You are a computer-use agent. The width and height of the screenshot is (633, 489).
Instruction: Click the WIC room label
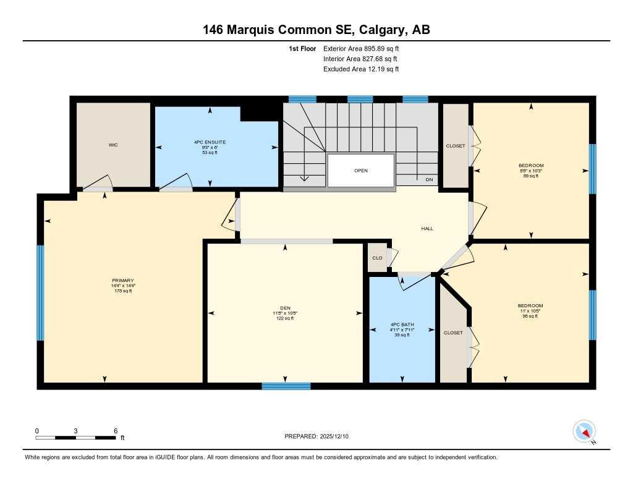(113, 145)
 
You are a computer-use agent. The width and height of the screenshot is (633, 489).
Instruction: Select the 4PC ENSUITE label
(210, 142)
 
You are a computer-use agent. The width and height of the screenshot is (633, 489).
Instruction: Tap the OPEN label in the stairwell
(361, 171)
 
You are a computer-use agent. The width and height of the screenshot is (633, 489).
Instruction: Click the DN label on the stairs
(429, 180)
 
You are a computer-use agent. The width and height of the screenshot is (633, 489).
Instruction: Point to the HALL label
(427, 228)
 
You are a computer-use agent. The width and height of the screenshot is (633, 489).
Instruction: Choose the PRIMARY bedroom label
(123, 280)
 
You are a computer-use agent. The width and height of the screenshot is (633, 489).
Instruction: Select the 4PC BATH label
(402, 325)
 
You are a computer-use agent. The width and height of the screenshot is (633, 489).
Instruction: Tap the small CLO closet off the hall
(376, 258)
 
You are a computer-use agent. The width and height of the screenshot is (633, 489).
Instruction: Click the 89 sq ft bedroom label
(531, 166)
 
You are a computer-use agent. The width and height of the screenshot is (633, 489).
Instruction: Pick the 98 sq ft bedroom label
(530, 306)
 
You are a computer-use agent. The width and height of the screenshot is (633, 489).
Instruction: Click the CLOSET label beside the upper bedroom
(456, 146)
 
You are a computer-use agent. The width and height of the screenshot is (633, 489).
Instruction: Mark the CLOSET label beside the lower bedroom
(453, 333)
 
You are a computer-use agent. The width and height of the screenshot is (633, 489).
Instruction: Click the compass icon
(584, 431)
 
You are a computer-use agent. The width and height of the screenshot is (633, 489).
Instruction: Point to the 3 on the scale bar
(75, 430)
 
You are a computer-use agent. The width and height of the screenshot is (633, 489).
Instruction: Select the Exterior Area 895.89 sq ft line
(365, 48)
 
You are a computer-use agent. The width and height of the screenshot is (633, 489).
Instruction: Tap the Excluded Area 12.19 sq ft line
(361, 69)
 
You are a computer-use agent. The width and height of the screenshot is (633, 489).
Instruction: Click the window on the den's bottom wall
(286, 386)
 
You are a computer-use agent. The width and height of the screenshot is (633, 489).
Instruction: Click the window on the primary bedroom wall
(41, 292)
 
